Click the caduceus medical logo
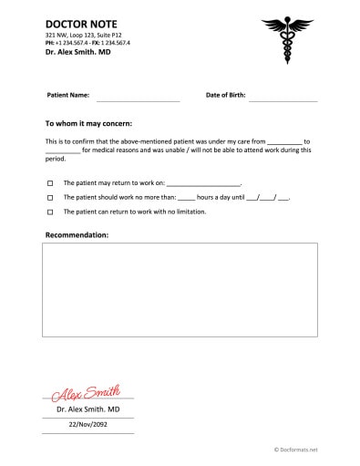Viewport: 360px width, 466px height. [286, 39]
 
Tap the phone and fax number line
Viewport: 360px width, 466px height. [87, 43]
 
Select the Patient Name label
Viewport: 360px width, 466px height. [67, 95]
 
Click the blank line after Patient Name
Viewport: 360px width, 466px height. [138, 97]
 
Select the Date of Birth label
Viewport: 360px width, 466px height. [226, 95]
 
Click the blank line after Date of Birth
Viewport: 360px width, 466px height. [283, 97]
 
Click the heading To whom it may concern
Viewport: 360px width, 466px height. [88, 122]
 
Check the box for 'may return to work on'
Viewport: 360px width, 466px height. [50, 183]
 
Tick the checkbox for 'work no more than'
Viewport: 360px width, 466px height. [50, 197]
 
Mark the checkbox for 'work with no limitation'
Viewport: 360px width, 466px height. [50, 212]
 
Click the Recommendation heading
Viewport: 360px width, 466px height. [77, 235]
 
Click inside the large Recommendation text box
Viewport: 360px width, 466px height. [180, 290]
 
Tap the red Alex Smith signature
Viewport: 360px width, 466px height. [87, 393]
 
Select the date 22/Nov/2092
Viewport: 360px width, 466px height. [88, 424]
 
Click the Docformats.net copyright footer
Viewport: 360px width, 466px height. [295, 450]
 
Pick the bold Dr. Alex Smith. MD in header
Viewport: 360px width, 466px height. [77, 54]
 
